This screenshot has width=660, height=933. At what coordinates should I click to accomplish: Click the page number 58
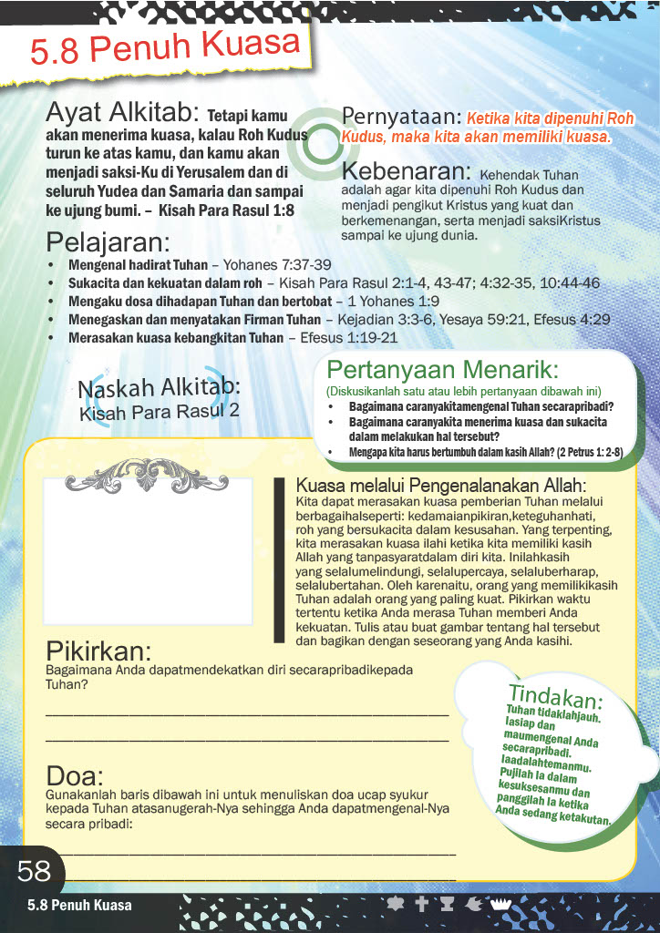tap(35, 872)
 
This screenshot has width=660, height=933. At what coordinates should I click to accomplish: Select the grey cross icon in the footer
tap(421, 905)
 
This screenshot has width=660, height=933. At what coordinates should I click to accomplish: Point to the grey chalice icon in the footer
tap(447, 905)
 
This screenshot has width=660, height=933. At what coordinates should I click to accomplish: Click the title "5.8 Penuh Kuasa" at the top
tap(166, 49)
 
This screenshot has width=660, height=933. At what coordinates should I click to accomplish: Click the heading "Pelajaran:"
tap(108, 243)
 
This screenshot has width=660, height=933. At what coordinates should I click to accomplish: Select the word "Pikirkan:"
tap(98, 652)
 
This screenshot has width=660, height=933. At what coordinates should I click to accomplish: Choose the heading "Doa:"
tap(75, 776)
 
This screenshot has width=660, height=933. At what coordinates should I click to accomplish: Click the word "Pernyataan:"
tap(399, 117)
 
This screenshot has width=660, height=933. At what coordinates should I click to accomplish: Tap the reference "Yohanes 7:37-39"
tap(277, 265)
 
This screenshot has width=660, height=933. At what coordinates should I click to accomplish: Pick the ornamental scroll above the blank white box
tap(148, 471)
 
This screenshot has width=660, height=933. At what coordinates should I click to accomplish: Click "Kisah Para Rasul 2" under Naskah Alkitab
tap(160, 412)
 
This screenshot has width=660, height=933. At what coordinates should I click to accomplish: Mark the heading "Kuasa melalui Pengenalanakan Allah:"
tap(441, 486)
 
